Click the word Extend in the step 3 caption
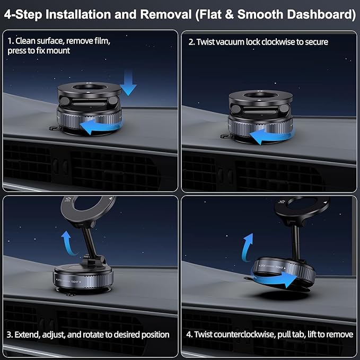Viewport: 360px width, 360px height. (x=27, y=335)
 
